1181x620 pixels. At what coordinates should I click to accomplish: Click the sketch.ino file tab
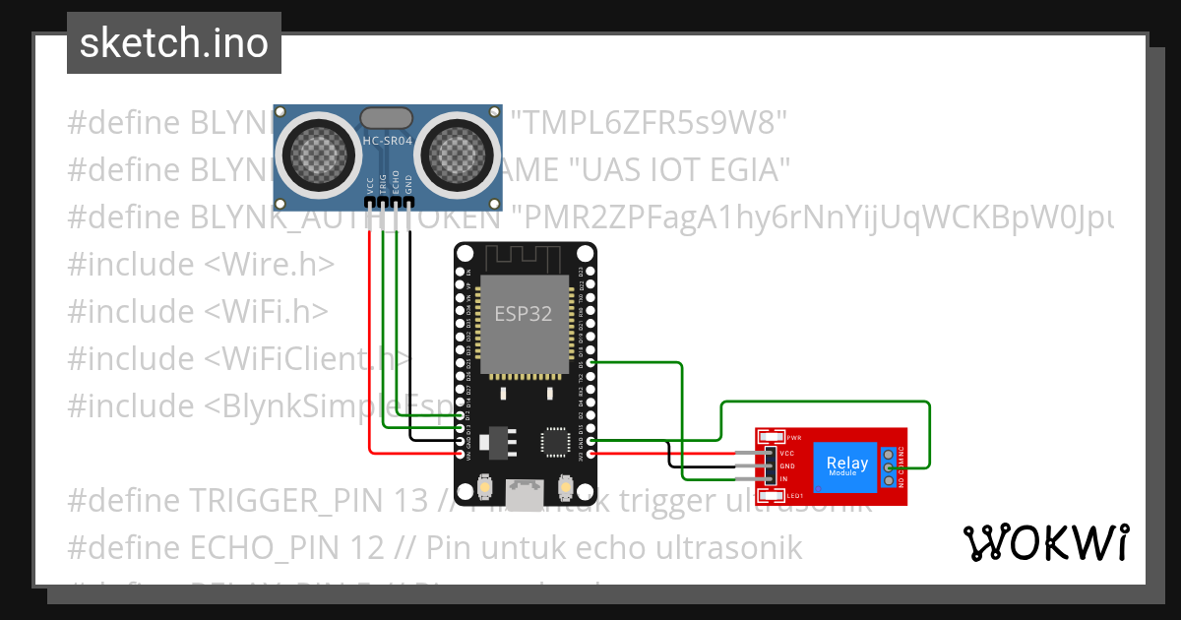[x=173, y=43]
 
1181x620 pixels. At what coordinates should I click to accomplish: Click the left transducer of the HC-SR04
[x=318, y=150]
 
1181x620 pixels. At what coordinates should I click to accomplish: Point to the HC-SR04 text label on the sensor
[x=388, y=142]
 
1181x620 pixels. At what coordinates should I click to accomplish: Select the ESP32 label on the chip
[x=523, y=314]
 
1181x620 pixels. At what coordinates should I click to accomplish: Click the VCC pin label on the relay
[x=787, y=454]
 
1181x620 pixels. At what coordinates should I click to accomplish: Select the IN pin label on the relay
[x=783, y=477]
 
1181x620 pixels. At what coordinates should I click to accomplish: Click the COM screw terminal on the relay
[x=888, y=467]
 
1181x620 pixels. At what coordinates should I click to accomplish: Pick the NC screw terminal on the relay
[x=888, y=455]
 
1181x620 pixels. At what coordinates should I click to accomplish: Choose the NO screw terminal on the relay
[x=888, y=480]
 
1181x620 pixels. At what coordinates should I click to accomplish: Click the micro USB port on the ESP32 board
[x=525, y=489]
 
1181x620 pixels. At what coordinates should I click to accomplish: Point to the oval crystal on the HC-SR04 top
[x=388, y=118]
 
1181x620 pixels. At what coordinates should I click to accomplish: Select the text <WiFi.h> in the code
[x=267, y=311]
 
